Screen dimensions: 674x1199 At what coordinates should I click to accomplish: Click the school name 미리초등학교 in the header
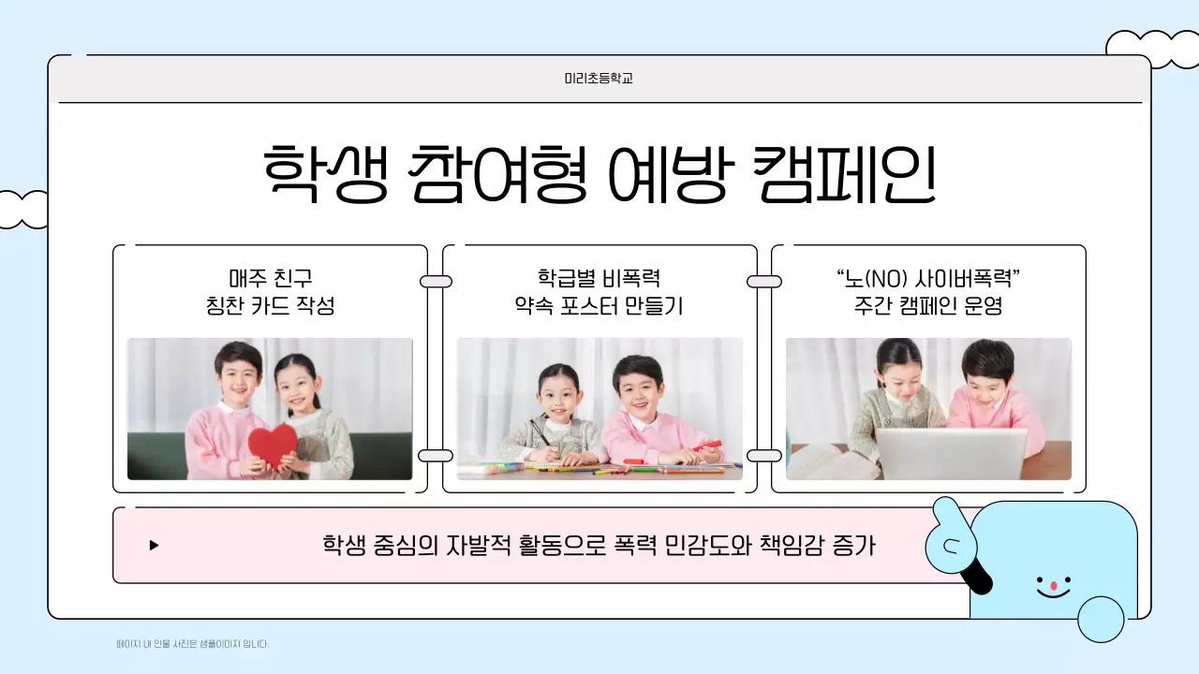point(599,79)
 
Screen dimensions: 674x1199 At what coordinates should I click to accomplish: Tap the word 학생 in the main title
point(324,174)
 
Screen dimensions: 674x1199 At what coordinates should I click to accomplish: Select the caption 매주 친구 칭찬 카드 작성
point(270,292)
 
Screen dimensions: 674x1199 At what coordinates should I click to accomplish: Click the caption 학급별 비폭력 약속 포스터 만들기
point(599,292)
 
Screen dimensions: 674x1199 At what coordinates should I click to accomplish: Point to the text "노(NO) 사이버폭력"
point(927,279)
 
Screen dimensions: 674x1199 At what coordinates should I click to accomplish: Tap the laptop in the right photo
point(951,453)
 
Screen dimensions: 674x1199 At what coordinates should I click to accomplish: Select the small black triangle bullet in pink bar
point(155,545)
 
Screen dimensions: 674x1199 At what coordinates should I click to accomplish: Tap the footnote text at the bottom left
point(192,644)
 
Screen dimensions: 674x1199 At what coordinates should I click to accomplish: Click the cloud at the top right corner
point(1152,49)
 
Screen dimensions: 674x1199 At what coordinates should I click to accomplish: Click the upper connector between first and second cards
point(436,282)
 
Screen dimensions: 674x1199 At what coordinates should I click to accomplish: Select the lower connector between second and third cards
point(764,456)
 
